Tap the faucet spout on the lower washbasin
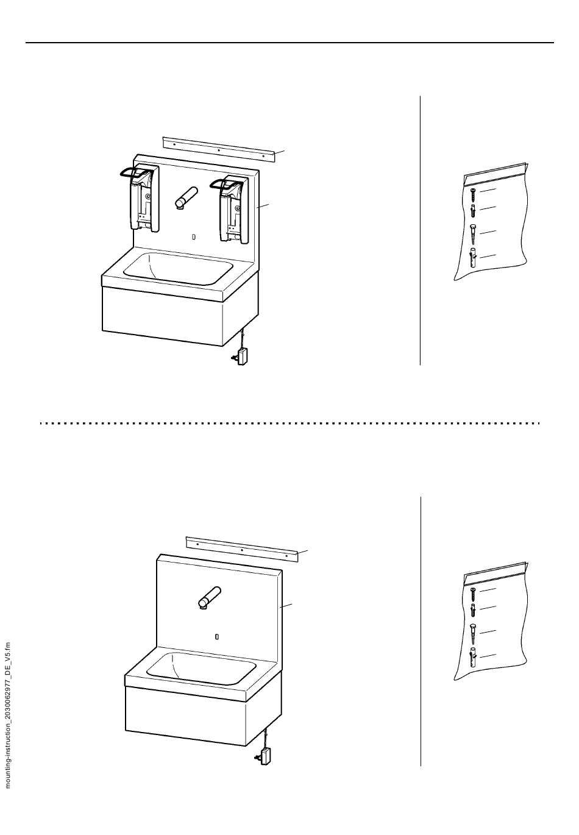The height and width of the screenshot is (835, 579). [210, 597]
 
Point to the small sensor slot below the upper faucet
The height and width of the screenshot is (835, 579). [194, 236]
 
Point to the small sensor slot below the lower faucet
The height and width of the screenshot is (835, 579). [218, 636]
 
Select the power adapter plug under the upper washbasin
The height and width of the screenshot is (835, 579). [242, 356]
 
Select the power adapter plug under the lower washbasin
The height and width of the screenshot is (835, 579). [265, 755]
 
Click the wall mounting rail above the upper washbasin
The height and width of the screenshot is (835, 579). [218, 149]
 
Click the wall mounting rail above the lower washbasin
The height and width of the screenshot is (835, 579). [242, 549]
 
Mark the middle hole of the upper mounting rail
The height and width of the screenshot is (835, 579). [219, 149]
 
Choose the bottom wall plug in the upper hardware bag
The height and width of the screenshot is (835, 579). [472, 258]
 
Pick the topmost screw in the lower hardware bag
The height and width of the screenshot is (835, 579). [472, 594]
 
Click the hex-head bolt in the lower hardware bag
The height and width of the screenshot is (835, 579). [472, 633]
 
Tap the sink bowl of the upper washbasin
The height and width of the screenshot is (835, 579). [179, 268]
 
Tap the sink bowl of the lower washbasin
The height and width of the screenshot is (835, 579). [210, 667]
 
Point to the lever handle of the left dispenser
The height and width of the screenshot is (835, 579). [132, 173]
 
